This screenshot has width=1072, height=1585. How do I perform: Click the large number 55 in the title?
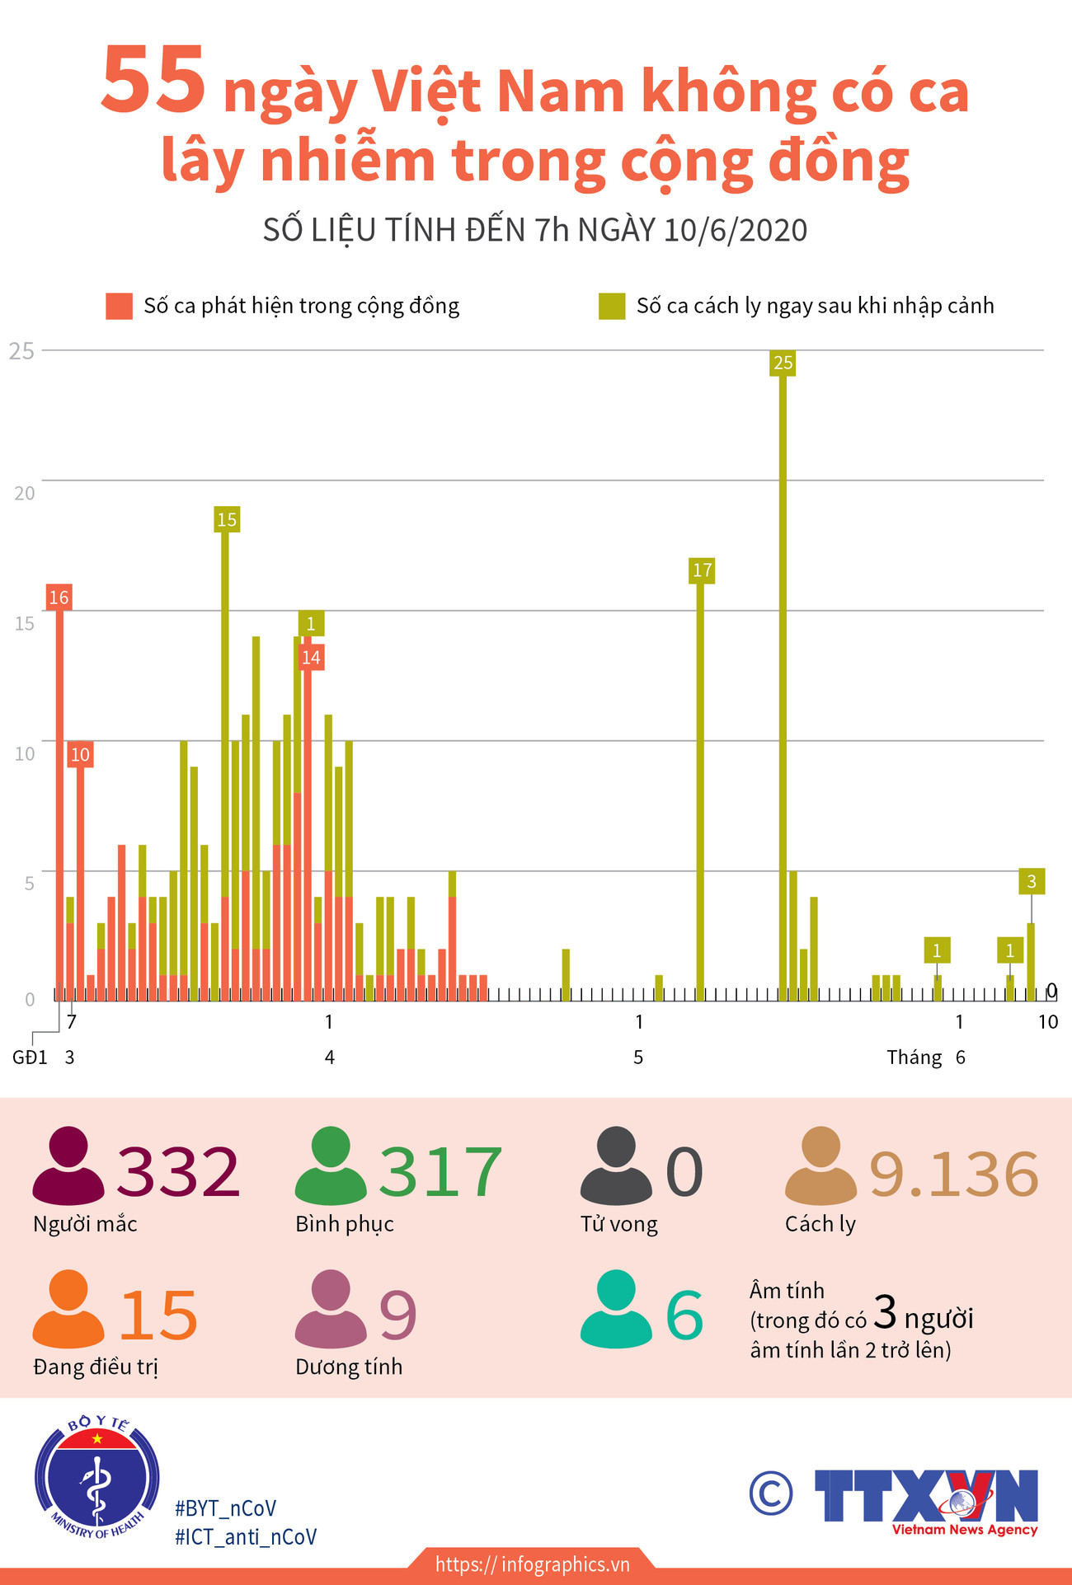click(153, 81)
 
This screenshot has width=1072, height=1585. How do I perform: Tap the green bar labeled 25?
click(783, 684)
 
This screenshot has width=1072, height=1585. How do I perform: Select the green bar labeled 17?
click(701, 783)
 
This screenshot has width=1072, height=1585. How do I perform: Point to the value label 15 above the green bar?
click(227, 519)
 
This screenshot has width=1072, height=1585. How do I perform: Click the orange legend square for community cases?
click(119, 306)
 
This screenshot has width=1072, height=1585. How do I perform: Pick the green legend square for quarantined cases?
click(612, 306)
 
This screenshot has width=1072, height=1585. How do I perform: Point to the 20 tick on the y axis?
click(25, 493)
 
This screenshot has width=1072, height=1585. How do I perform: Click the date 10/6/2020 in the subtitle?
click(736, 230)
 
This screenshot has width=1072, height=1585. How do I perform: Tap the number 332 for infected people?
click(178, 1171)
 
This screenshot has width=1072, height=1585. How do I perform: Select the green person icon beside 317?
click(331, 1166)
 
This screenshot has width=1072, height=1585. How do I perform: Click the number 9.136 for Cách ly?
click(954, 1174)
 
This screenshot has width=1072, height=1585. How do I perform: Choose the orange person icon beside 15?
click(68, 1309)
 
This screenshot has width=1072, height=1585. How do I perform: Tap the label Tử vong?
click(618, 1224)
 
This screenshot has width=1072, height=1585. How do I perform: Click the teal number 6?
click(684, 1316)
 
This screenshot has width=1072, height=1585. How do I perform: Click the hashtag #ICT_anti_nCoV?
click(246, 1537)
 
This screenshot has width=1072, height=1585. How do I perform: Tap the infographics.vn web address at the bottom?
click(532, 1564)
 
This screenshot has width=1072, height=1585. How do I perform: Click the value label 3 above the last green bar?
click(1031, 881)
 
